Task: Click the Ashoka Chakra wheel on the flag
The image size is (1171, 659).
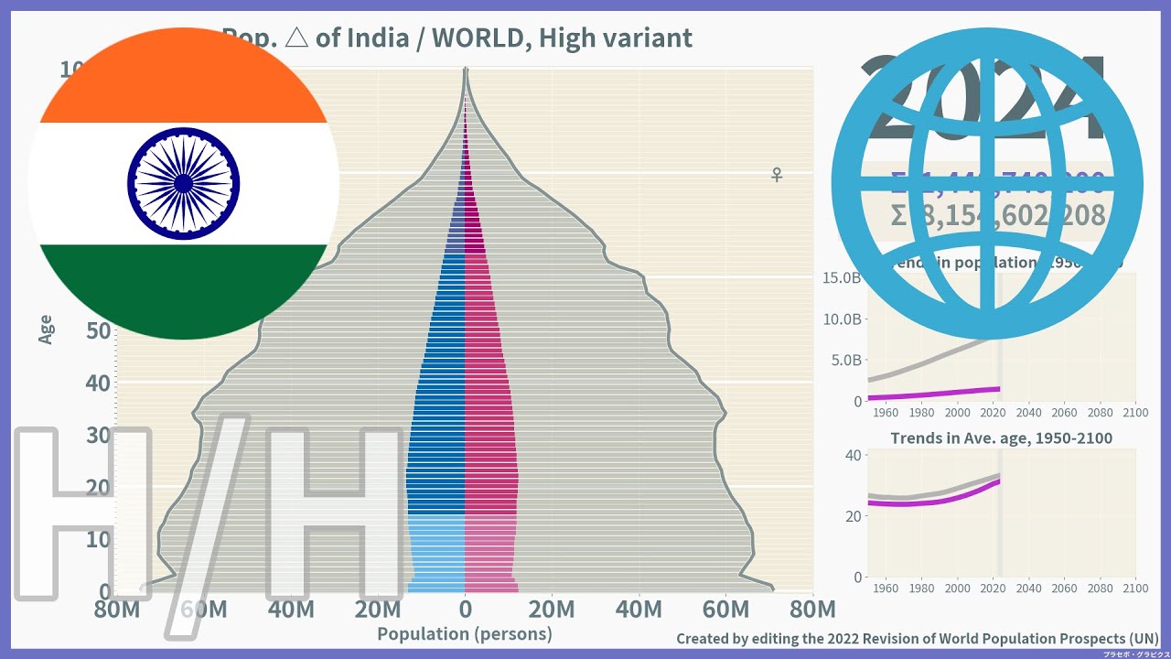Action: [x=183, y=183]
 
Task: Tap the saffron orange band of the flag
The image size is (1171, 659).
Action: [x=183, y=78]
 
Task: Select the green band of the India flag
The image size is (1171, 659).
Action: [x=183, y=288]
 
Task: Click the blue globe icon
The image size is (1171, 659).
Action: [x=986, y=183]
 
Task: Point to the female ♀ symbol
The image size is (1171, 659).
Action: [x=777, y=174]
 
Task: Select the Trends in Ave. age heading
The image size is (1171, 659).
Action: [x=1001, y=438]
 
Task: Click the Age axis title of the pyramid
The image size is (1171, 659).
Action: [x=47, y=329]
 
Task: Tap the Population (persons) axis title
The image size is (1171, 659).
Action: [x=464, y=634]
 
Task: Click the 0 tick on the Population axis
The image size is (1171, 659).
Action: [x=465, y=610]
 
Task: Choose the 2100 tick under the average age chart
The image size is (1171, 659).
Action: [x=1134, y=587]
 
